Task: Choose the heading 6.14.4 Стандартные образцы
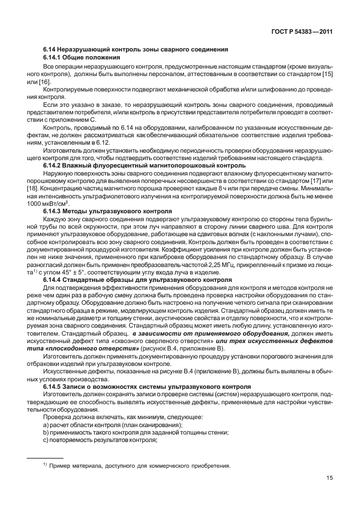click(137, 281)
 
